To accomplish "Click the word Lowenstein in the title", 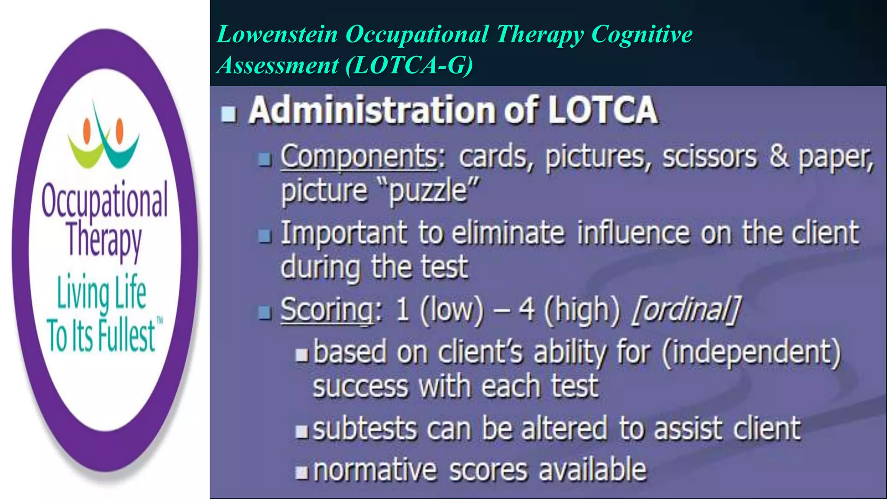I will (277, 34).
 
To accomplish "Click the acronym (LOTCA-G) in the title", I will (409, 66).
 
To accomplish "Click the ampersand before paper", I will (779, 156).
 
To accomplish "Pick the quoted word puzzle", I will (429, 191).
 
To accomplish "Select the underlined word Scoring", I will (327, 310).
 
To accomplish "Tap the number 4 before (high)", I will (526, 310).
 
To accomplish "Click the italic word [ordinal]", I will (686, 310).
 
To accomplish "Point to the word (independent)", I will (751, 352).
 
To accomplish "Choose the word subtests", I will (365, 429).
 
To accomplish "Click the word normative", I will (375, 470).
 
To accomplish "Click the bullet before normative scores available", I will (301, 473).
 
